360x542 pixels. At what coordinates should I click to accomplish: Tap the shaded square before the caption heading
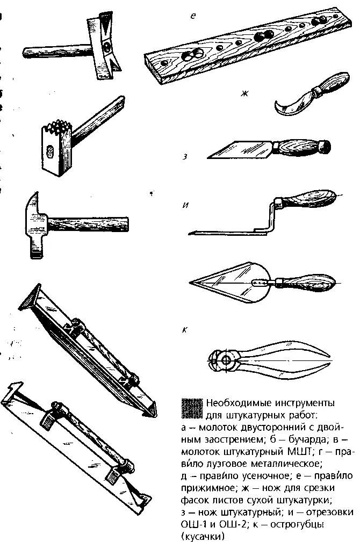[x=191, y=409]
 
